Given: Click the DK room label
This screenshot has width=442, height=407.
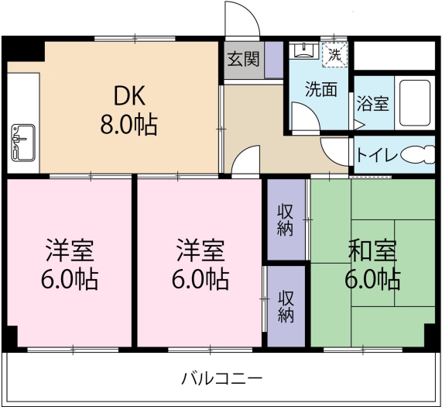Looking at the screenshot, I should pos(129,96).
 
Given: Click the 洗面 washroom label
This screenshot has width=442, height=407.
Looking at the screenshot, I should pos(319,89).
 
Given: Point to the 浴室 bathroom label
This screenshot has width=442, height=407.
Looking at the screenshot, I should pos(373,103).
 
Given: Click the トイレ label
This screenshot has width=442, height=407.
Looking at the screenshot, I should pos(377,155).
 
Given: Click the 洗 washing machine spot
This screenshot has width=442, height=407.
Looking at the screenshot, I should pos(334,54).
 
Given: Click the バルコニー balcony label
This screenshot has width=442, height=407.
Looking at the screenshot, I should pos(222,379).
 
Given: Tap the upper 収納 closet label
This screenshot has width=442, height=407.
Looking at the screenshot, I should pos(286,219).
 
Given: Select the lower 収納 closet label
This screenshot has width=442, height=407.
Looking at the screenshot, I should pos(286,305).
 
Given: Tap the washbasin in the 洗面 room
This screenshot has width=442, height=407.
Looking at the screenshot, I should pos(304,52).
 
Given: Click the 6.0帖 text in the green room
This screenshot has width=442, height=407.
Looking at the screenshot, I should pos(372,279).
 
